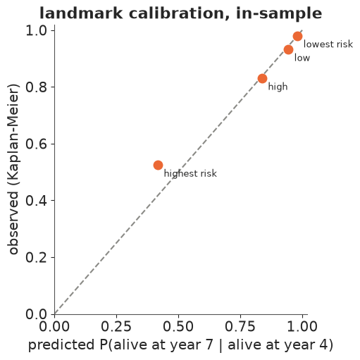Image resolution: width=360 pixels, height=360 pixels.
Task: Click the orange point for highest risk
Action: coord(158,165)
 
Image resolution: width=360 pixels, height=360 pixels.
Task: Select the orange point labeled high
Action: coord(262,78)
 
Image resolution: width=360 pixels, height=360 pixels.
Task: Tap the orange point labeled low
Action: coord(288,49)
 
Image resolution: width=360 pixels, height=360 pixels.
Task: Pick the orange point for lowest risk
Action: coord(297,36)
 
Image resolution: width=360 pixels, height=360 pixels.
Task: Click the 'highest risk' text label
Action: coord(190,174)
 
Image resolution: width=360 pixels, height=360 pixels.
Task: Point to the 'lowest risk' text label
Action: coord(328,44)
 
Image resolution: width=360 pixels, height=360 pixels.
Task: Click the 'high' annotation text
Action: coord(278,87)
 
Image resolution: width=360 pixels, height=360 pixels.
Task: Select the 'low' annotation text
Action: coord(302,58)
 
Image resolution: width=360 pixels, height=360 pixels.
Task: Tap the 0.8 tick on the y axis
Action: coord(36,87)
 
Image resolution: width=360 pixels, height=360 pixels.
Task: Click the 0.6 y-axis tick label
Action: coord(36,144)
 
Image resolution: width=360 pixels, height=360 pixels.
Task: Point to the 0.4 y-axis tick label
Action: coord(36,201)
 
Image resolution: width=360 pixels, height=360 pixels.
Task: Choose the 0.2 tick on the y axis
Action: coord(36,257)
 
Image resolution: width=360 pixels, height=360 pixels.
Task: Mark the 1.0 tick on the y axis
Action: coord(36,30)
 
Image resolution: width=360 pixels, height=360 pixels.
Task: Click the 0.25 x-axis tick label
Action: coord(116,326)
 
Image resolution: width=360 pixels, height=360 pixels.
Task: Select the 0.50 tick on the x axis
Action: coord(178,326)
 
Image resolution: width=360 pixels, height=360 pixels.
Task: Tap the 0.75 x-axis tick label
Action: coord(240,326)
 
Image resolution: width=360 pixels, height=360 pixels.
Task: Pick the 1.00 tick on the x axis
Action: coord(302,326)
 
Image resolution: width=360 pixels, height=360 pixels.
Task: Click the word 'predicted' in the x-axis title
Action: coord(61,345)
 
